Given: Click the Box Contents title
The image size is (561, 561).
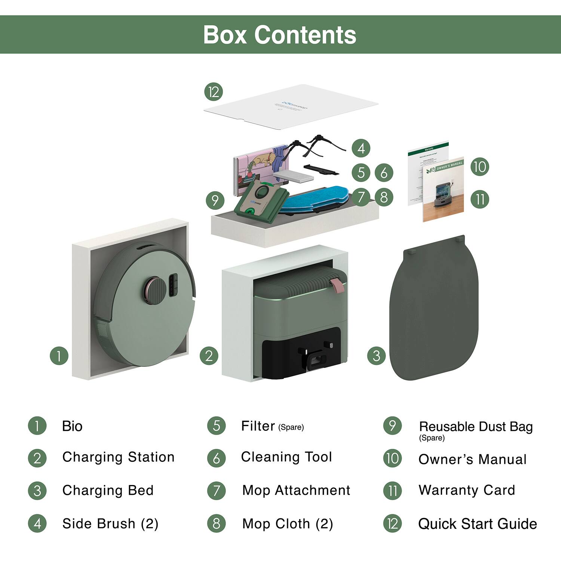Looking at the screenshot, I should click(x=279, y=35).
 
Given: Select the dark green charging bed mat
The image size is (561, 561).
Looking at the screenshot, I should click(x=434, y=310).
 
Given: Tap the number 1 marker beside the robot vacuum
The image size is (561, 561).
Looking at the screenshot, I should click(x=59, y=356).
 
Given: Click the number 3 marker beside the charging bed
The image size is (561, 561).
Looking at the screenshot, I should click(x=376, y=356).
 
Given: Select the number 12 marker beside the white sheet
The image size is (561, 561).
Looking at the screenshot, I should click(x=214, y=92).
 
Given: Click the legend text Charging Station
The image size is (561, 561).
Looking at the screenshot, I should click(x=118, y=457).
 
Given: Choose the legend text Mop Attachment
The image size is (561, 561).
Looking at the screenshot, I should click(x=296, y=490).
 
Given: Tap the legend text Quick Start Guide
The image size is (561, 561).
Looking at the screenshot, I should click(x=478, y=524).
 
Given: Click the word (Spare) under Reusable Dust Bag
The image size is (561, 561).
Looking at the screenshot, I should click(x=432, y=438).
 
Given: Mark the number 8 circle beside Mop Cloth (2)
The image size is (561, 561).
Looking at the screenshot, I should click(x=217, y=524).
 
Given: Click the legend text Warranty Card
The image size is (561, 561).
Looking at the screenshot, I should click(x=467, y=490).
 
